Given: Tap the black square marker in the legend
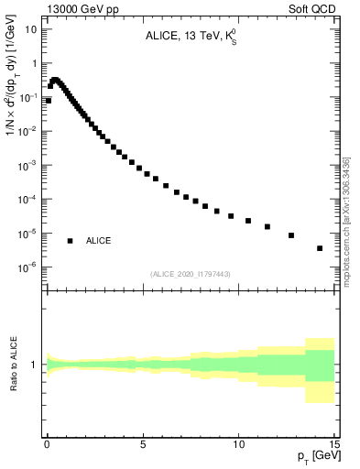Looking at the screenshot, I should pos(70,241).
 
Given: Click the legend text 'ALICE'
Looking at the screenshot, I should pos(99,241).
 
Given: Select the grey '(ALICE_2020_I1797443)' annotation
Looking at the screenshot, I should pos(191,274).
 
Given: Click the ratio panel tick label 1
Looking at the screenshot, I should pos(35,365).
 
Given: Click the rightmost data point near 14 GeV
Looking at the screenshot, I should pos(320,248).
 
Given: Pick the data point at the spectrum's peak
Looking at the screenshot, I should pos(55,80).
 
